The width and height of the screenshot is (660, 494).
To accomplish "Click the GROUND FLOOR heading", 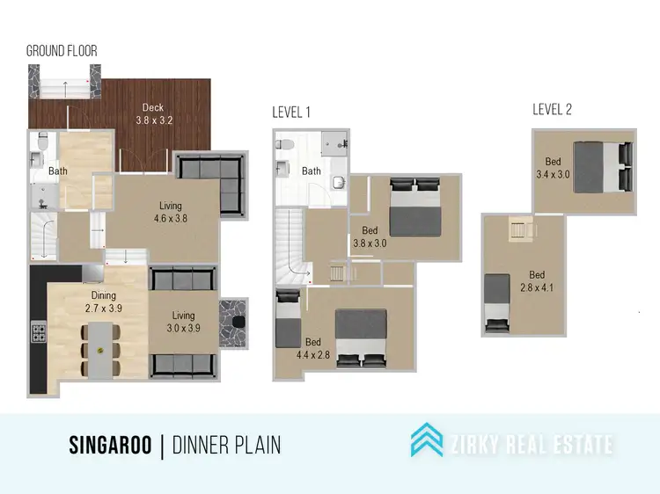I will click(61, 51).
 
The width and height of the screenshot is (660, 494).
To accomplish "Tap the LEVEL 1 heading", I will click(291, 112).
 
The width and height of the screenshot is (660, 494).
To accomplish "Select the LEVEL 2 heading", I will click(552, 109).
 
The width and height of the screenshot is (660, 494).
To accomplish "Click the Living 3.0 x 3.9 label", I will click(184, 322).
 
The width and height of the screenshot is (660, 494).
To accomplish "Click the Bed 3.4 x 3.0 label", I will click(553, 168).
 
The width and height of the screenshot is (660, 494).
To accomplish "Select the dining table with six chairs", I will click(102, 350).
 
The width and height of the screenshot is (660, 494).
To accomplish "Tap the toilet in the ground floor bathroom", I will click(36, 158).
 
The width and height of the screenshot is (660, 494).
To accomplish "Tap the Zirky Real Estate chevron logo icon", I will click(427, 440).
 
